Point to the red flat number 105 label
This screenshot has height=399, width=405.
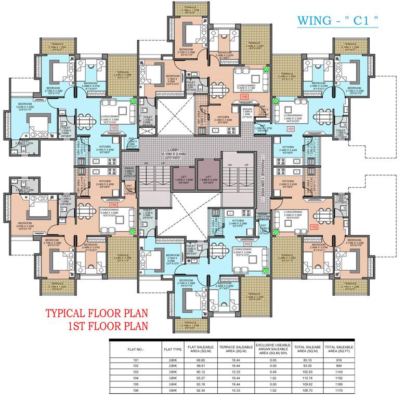tap(114, 127)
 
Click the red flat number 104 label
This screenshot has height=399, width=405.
tap(114, 204)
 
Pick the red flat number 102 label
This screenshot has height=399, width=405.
tap(313, 227)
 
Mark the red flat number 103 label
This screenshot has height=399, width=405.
tap(247, 243)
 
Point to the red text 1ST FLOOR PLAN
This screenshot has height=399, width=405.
tap(108, 327)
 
